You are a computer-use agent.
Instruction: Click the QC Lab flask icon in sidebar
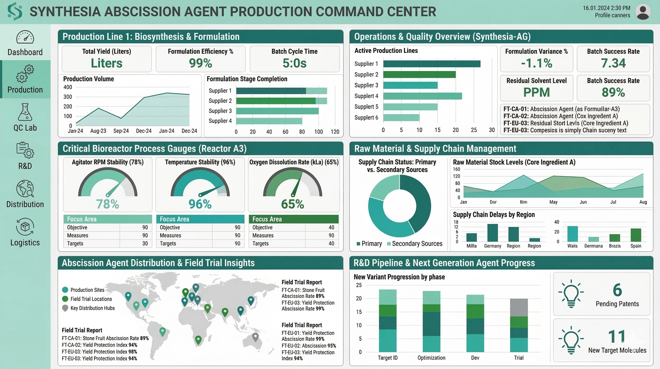pos(25,112)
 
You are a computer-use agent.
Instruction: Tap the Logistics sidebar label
pos(25,243)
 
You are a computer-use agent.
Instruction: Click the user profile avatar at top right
pos(643,12)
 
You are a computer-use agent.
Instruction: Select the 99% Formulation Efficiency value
pos(200,63)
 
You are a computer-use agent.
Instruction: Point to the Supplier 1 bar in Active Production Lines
pos(432,64)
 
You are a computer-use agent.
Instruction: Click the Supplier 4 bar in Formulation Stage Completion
pos(269,121)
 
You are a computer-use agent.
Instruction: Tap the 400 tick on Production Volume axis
pos(67,87)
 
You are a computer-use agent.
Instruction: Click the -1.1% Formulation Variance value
pos(536,63)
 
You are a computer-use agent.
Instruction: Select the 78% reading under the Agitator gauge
pos(107,204)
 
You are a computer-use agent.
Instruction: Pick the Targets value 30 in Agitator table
pos(145,244)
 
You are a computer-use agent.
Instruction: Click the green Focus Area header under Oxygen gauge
pos(294,219)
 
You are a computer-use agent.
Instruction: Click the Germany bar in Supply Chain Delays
pos(492,233)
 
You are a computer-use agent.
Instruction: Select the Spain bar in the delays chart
pos(636,235)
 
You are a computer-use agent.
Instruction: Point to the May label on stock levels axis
pos(553,202)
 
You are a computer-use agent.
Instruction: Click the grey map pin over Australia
pos(255,337)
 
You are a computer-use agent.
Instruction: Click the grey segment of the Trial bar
pos(519,307)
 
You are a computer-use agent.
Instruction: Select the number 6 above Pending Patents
pos(617,290)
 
